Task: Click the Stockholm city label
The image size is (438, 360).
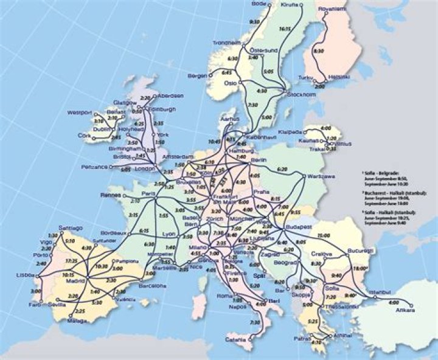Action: [x=302, y=94]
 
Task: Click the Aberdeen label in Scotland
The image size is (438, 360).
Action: [x=171, y=96]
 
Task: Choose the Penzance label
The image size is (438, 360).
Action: [x=94, y=167]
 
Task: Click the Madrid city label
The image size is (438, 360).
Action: [x=75, y=281]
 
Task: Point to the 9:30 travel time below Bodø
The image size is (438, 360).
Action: [x=255, y=22]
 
